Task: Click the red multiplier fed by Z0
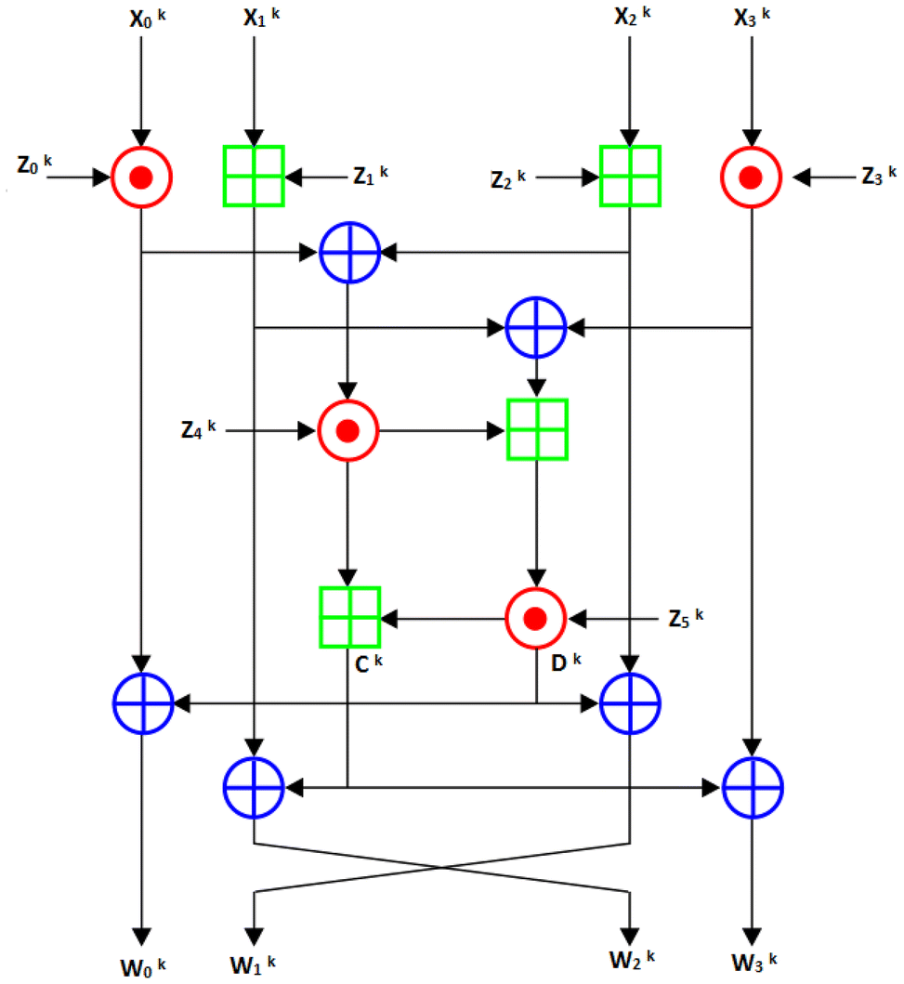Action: pos(141,177)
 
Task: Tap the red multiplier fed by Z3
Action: pos(752,177)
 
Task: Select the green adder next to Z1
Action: pos(254,177)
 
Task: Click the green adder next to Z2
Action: pos(630,177)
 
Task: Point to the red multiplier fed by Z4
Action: pos(347,430)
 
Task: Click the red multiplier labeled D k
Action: pos(535,617)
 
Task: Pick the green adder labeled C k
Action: pos(348,617)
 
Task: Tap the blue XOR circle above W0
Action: pos(142,704)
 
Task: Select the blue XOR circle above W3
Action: pos(753,788)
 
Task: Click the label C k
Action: pos(356,663)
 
